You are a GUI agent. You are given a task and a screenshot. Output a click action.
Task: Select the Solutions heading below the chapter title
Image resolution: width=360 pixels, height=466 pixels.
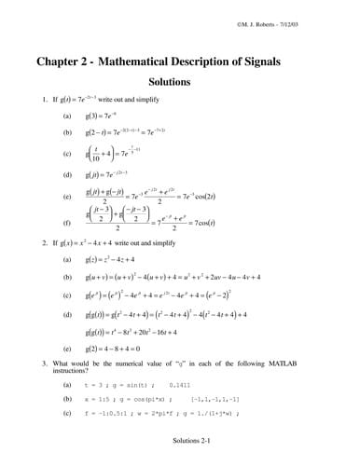(182, 82)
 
